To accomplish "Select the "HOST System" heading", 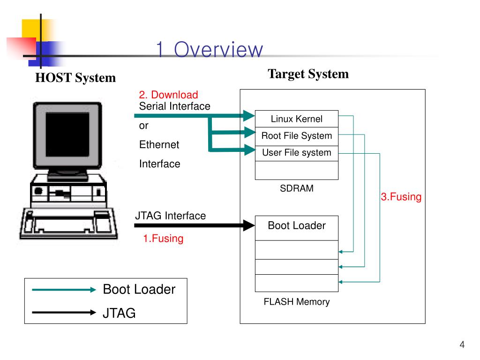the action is (75, 78).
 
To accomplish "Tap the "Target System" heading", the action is (308, 74).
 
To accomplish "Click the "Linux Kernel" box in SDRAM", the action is (297, 119).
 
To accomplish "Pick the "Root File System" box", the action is (297, 136).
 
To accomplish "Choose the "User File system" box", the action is (297, 153).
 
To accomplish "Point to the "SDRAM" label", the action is (297, 188).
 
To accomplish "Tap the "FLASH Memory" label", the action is (297, 302).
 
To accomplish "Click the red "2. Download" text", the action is (168, 95).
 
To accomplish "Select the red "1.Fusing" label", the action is (163, 239).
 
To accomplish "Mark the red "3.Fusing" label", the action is (401, 196).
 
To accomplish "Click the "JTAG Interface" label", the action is (171, 216).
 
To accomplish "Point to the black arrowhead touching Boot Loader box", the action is (249, 225).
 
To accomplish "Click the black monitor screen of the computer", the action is (67, 135).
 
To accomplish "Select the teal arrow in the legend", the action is (64, 290).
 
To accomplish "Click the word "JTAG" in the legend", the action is (119, 313).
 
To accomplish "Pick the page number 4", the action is (462, 345).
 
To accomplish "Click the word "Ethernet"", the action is (159, 144).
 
